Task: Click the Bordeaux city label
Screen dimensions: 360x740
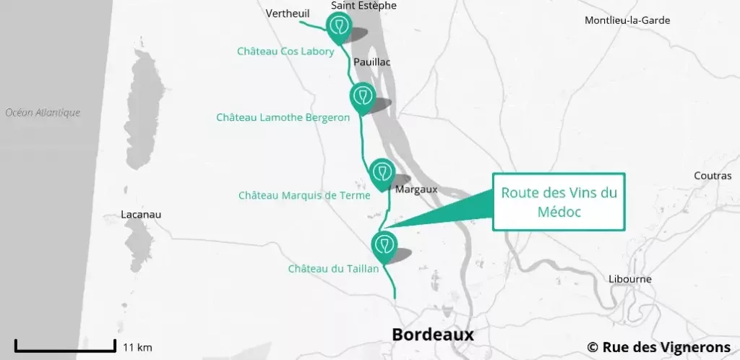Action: coord(432,335)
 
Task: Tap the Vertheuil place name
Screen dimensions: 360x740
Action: coord(288,13)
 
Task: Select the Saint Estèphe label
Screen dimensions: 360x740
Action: coord(353,6)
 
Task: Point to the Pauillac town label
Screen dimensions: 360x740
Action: coord(372,62)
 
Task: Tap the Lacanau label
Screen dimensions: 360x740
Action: coord(142,215)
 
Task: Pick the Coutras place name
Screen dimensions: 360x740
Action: coord(713,176)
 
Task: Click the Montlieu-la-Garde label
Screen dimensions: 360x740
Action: coord(627,20)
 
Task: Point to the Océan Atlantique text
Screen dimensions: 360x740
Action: coord(43,113)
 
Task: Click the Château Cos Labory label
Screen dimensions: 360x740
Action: coord(285,51)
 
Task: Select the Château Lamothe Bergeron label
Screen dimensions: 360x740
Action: coord(283,116)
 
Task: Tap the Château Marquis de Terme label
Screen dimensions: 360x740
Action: coord(304,195)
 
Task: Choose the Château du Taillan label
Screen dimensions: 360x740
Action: coord(333,269)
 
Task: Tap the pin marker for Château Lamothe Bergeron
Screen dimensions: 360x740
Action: coord(361,95)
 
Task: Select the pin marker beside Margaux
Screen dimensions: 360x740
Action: coord(381,172)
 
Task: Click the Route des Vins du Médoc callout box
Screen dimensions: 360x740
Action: coord(559,202)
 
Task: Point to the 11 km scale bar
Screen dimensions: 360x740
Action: coord(65,346)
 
